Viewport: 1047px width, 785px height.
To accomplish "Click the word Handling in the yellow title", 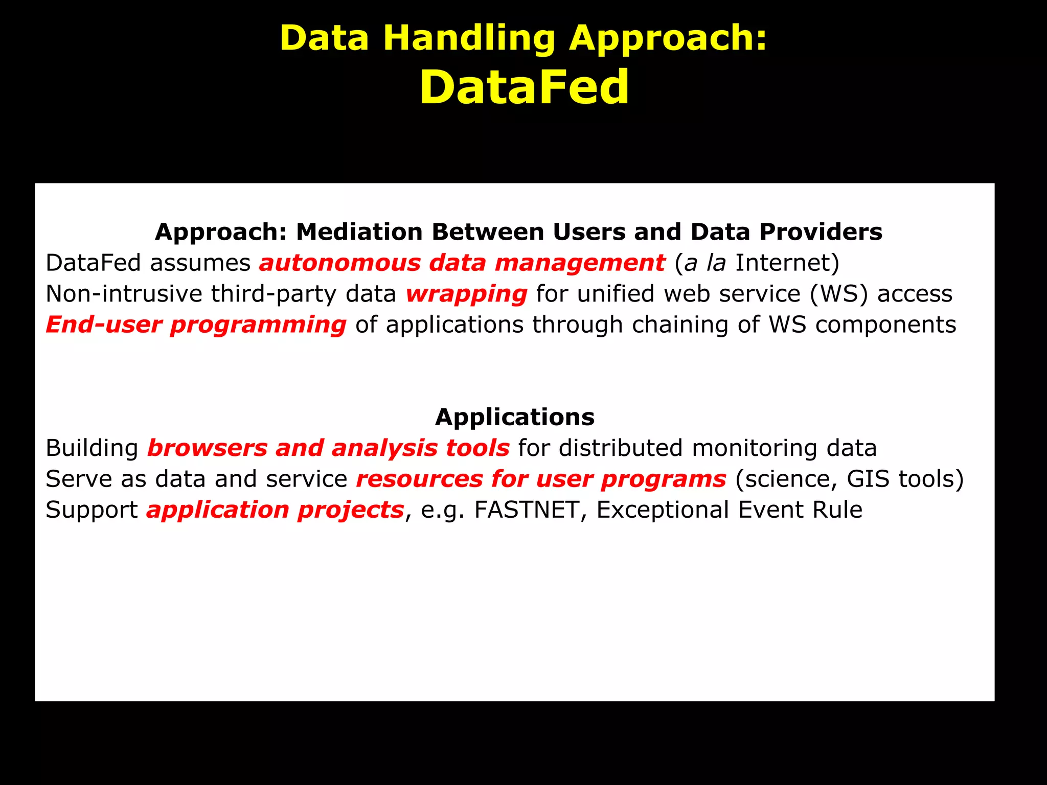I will pos(469,38).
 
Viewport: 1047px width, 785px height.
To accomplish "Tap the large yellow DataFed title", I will pos(524,87).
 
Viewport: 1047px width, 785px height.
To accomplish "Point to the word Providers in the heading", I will pos(821,232).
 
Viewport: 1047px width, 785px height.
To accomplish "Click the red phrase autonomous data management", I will pos(462,263).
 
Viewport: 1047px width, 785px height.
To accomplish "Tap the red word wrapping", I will pos(466,294).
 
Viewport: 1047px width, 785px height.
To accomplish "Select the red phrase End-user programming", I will pos(196,325).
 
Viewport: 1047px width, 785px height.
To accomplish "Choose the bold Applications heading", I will pos(515,417).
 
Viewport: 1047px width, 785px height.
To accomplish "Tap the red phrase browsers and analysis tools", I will pos(328,448).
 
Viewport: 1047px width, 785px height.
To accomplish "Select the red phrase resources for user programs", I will pos(541,479).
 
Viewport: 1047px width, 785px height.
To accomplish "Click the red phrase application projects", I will pos(275,510).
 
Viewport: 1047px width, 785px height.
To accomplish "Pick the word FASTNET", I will pos(527,510).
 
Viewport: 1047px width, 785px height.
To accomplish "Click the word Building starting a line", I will pos(92,448).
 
